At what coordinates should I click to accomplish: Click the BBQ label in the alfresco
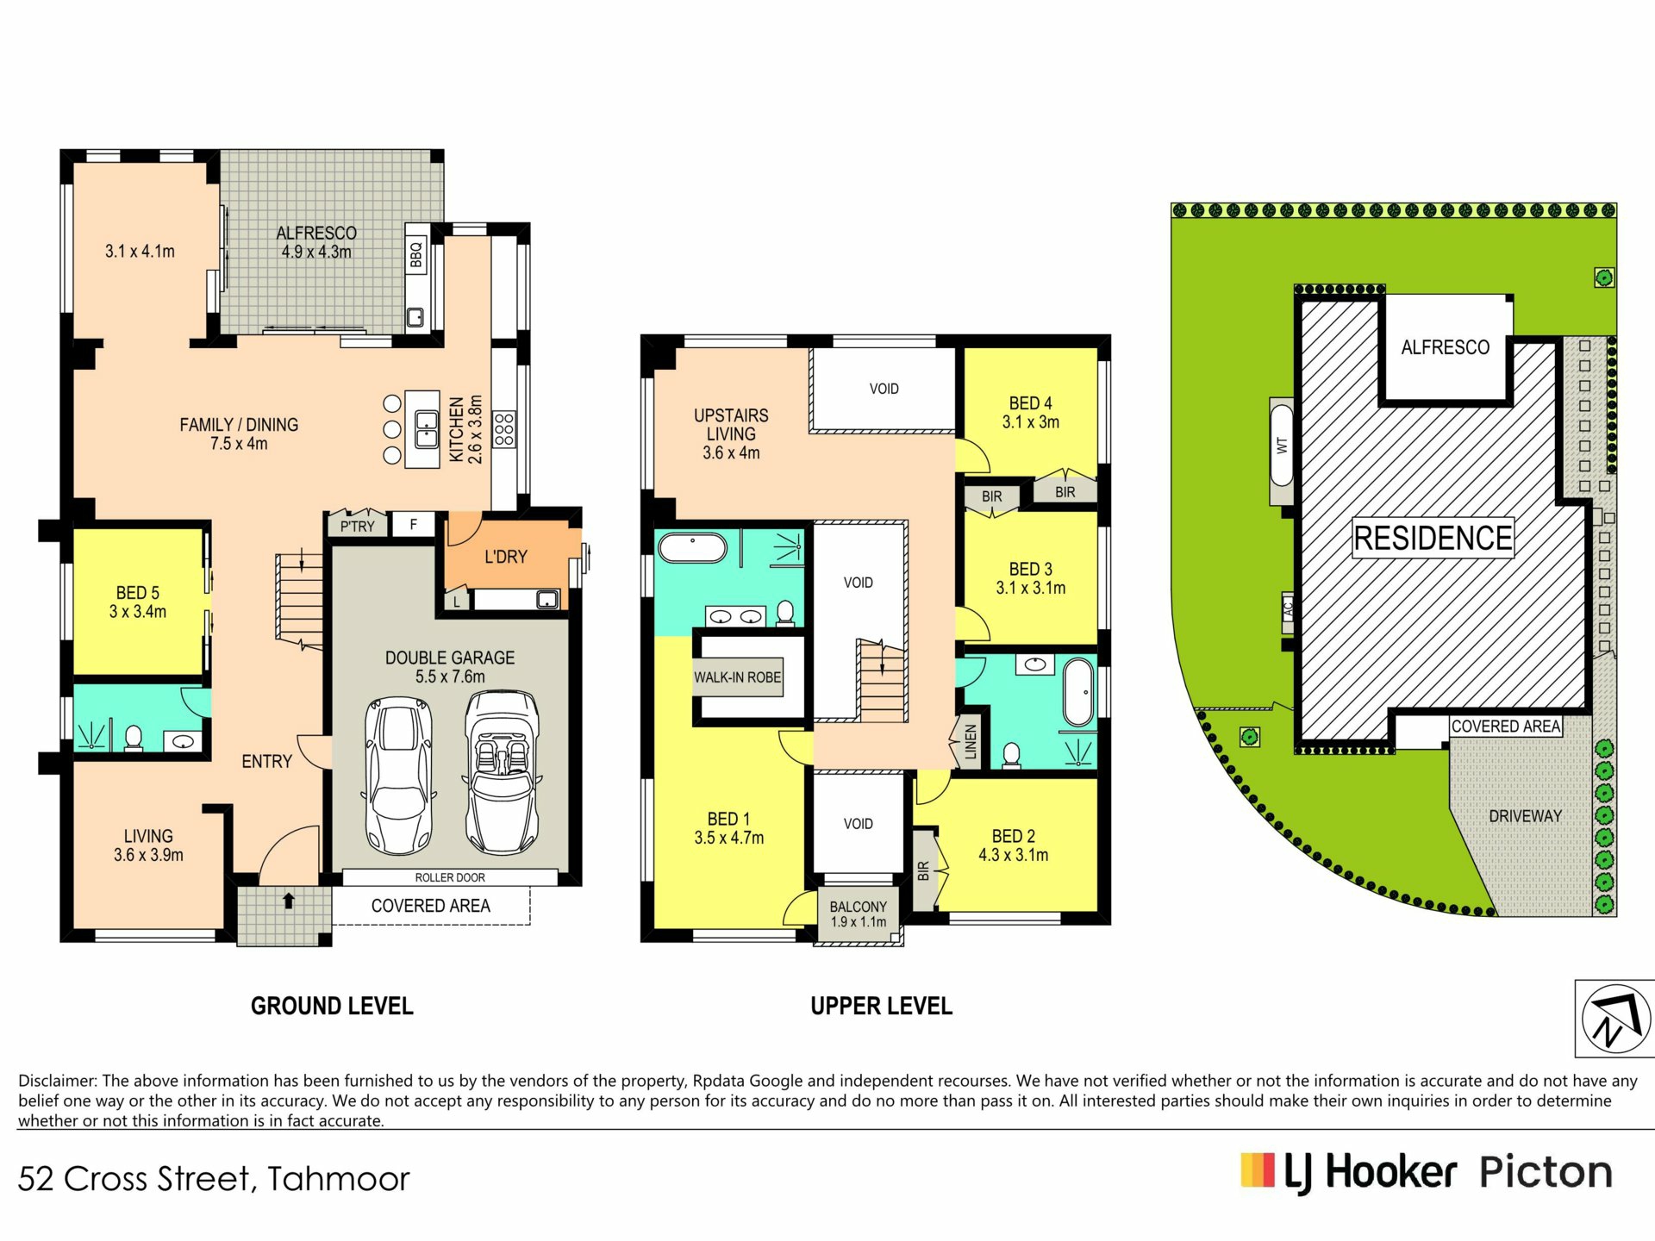point(416,254)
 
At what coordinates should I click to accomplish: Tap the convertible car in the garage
point(503,771)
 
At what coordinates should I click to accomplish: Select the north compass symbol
point(1616,1019)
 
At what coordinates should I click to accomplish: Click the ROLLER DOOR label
point(450,877)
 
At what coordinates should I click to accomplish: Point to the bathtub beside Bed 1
point(692,548)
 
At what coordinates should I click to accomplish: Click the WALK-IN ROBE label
point(738,677)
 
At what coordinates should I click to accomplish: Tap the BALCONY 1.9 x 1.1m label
point(859,914)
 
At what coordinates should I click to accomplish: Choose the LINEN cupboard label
point(971,741)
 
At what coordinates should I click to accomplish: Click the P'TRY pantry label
point(358,526)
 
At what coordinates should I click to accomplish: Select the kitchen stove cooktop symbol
point(504,429)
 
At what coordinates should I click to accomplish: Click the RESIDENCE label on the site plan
point(1433,538)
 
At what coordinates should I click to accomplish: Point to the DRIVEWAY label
point(1526,816)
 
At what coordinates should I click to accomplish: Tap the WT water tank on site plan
point(1282,452)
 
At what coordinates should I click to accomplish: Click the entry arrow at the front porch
point(289,901)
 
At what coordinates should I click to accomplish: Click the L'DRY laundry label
point(506,557)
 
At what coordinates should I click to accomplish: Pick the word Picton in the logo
point(1546,1173)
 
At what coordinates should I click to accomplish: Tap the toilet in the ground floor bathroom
point(134,739)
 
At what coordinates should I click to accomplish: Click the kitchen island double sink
point(427,430)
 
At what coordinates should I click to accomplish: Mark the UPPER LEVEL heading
point(881,1006)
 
